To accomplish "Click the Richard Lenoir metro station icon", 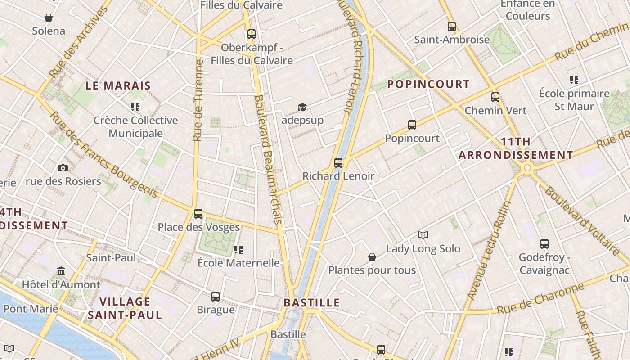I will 338,162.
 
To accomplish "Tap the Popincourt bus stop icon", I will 412,125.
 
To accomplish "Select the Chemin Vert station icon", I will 495,97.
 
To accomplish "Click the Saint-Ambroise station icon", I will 452,27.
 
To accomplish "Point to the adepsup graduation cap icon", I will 302,107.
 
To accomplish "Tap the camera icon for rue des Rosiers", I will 63,168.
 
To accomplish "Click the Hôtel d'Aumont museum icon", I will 61,271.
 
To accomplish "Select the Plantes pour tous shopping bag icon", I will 372,257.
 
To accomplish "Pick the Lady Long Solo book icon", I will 423,235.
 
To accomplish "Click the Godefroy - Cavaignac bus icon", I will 544,244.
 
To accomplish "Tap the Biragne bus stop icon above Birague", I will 216,296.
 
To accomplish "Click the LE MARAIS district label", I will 118,85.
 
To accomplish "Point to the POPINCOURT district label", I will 428,84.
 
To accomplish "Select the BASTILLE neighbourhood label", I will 312,302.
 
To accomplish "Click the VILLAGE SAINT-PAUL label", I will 125,308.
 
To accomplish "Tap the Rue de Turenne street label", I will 198,100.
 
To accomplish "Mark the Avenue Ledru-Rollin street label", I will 490,250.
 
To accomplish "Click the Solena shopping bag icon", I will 49,18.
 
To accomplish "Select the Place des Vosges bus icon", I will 198,213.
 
